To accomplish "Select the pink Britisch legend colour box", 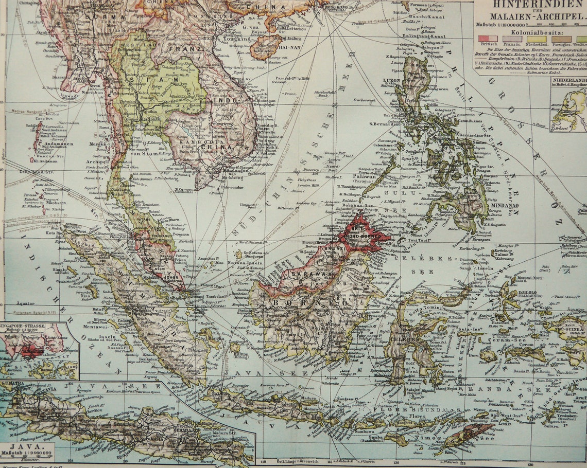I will pos(488,39).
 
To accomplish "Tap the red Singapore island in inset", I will pos(32,352).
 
